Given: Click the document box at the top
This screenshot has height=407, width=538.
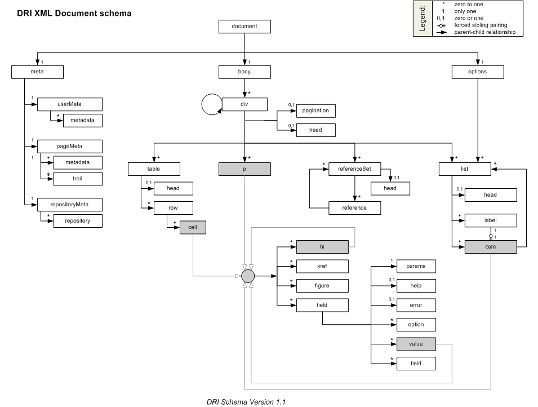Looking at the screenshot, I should point(244,26).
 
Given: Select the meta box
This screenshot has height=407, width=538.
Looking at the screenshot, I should point(38,72).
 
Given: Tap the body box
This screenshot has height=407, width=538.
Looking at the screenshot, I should point(244,72).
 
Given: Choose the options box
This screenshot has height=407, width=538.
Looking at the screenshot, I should point(478,72).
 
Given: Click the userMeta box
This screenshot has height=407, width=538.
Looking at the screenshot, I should point(70,104).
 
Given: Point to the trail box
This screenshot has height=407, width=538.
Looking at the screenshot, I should point(78,179).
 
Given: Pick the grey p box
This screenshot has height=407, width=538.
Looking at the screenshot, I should point(244,168).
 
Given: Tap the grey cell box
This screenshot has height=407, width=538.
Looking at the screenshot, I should point(193,227).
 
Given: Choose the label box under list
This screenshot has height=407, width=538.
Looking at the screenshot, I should point(491,221).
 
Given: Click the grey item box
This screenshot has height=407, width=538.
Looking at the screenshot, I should point(491,247).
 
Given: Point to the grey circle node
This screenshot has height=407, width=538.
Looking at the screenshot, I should point(248,276).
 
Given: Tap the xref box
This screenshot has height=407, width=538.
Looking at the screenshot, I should point(322,266).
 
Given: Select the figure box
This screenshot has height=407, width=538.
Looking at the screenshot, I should point(322,286).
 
